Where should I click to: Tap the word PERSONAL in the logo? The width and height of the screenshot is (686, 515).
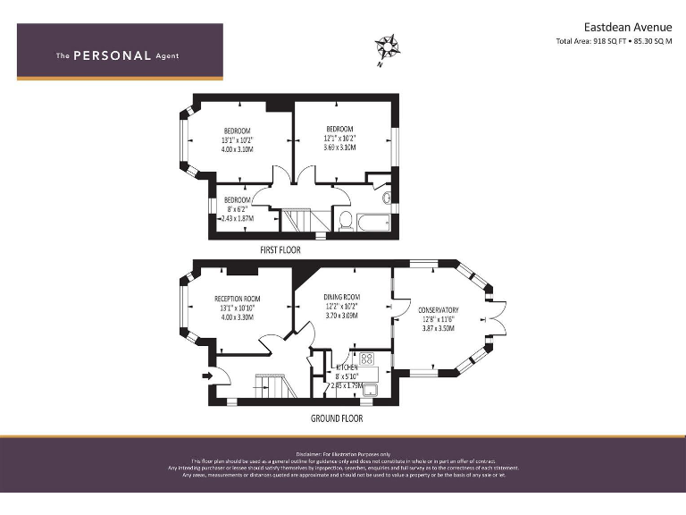pos(112,55)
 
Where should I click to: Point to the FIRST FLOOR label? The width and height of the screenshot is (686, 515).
pos(280,250)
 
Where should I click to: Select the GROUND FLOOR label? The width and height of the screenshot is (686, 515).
pos(336,418)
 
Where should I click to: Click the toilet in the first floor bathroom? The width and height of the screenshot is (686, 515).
pos(344,220)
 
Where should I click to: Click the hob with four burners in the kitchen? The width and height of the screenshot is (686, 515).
pos(366,360)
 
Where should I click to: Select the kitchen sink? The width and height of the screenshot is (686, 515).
pos(370,387)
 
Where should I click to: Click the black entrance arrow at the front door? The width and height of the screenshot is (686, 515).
pos(208,376)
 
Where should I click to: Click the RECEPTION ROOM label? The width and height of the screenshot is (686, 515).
pos(237,299)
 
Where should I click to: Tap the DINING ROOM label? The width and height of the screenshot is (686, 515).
pos(341,297)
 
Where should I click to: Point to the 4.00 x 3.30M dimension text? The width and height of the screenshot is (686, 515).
pos(237,317)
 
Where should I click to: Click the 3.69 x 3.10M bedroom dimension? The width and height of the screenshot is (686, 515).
pos(339,148)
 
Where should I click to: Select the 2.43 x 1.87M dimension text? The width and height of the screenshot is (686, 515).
pos(235,218)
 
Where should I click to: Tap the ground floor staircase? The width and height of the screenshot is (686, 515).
pos(270,386)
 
